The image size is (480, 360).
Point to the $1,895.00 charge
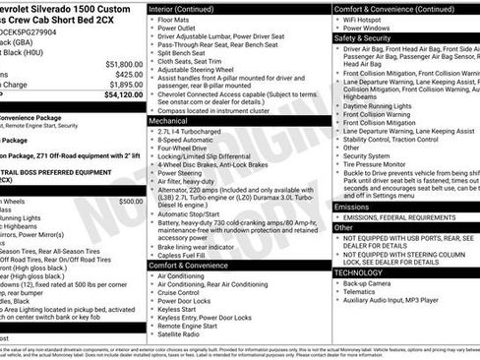pyautogui.click(x=122, y=84)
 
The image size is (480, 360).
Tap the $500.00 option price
pyautogui.click(x=130, y=201)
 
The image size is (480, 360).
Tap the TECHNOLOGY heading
pyautogui.click(x=360, y=271)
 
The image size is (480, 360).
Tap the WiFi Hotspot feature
pyautogui.click(x=370, y=19)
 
